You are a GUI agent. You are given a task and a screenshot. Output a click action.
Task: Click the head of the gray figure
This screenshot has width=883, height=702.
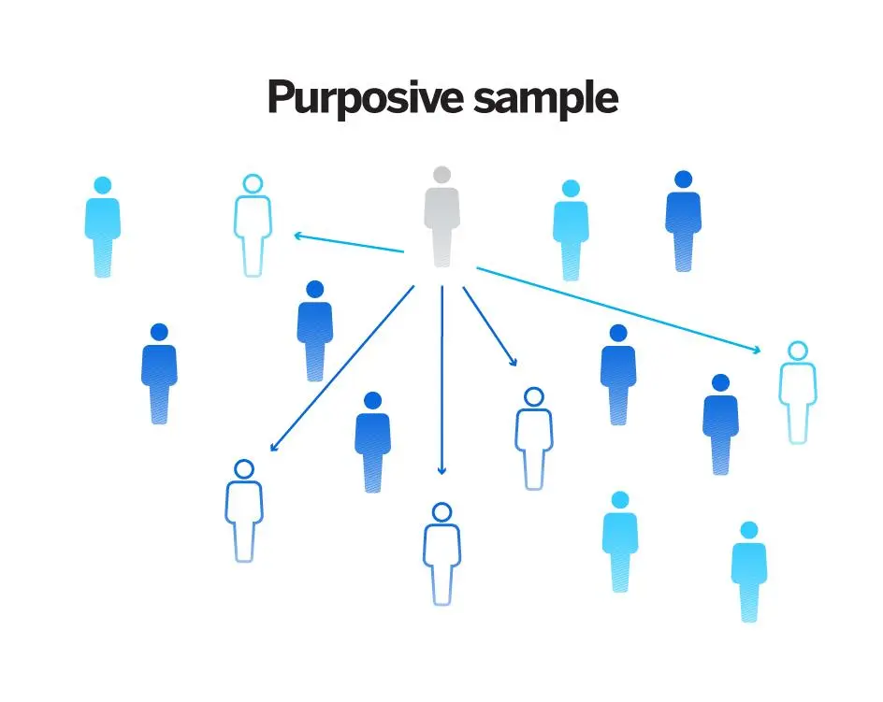442,175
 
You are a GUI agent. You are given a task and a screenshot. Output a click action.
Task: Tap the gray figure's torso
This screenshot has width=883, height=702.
442,209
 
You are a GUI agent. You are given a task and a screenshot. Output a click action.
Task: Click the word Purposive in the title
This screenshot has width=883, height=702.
366,97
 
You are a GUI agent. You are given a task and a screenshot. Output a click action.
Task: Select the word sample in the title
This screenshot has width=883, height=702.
545,97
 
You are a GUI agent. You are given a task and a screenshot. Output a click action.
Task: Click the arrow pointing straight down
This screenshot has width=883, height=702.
442,380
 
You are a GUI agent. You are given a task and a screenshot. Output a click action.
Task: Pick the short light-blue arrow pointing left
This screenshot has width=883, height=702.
349,243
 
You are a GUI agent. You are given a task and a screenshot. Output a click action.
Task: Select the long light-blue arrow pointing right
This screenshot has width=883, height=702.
618,310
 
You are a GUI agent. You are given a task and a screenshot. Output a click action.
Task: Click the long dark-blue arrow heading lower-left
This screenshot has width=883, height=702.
341,368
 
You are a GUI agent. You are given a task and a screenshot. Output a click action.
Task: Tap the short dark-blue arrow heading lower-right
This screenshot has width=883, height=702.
490,326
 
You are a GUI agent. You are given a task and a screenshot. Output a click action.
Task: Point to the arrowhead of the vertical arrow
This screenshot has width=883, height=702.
442,470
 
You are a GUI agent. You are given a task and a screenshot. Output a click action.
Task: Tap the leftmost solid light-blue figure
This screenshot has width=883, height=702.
103,227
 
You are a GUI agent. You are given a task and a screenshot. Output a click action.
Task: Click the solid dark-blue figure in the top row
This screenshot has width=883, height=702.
683,221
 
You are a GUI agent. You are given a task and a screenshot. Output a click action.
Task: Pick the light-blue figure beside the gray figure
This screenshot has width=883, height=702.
571,230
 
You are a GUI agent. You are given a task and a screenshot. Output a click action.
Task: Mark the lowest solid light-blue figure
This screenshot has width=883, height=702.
749,571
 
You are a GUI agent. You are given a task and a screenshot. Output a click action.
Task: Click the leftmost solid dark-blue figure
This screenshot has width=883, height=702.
159,373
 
